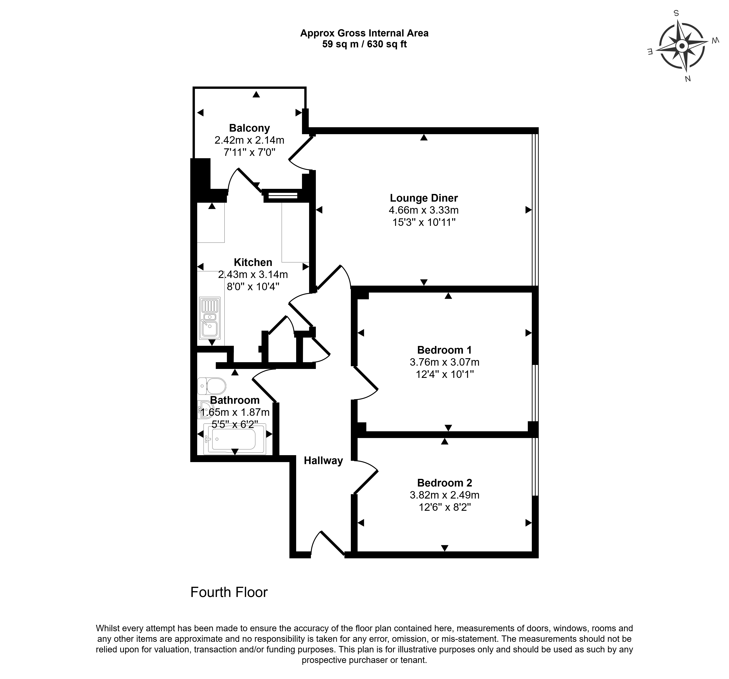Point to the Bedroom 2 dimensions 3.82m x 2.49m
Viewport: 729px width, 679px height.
[445, 495]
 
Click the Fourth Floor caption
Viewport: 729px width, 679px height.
[229, 592]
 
